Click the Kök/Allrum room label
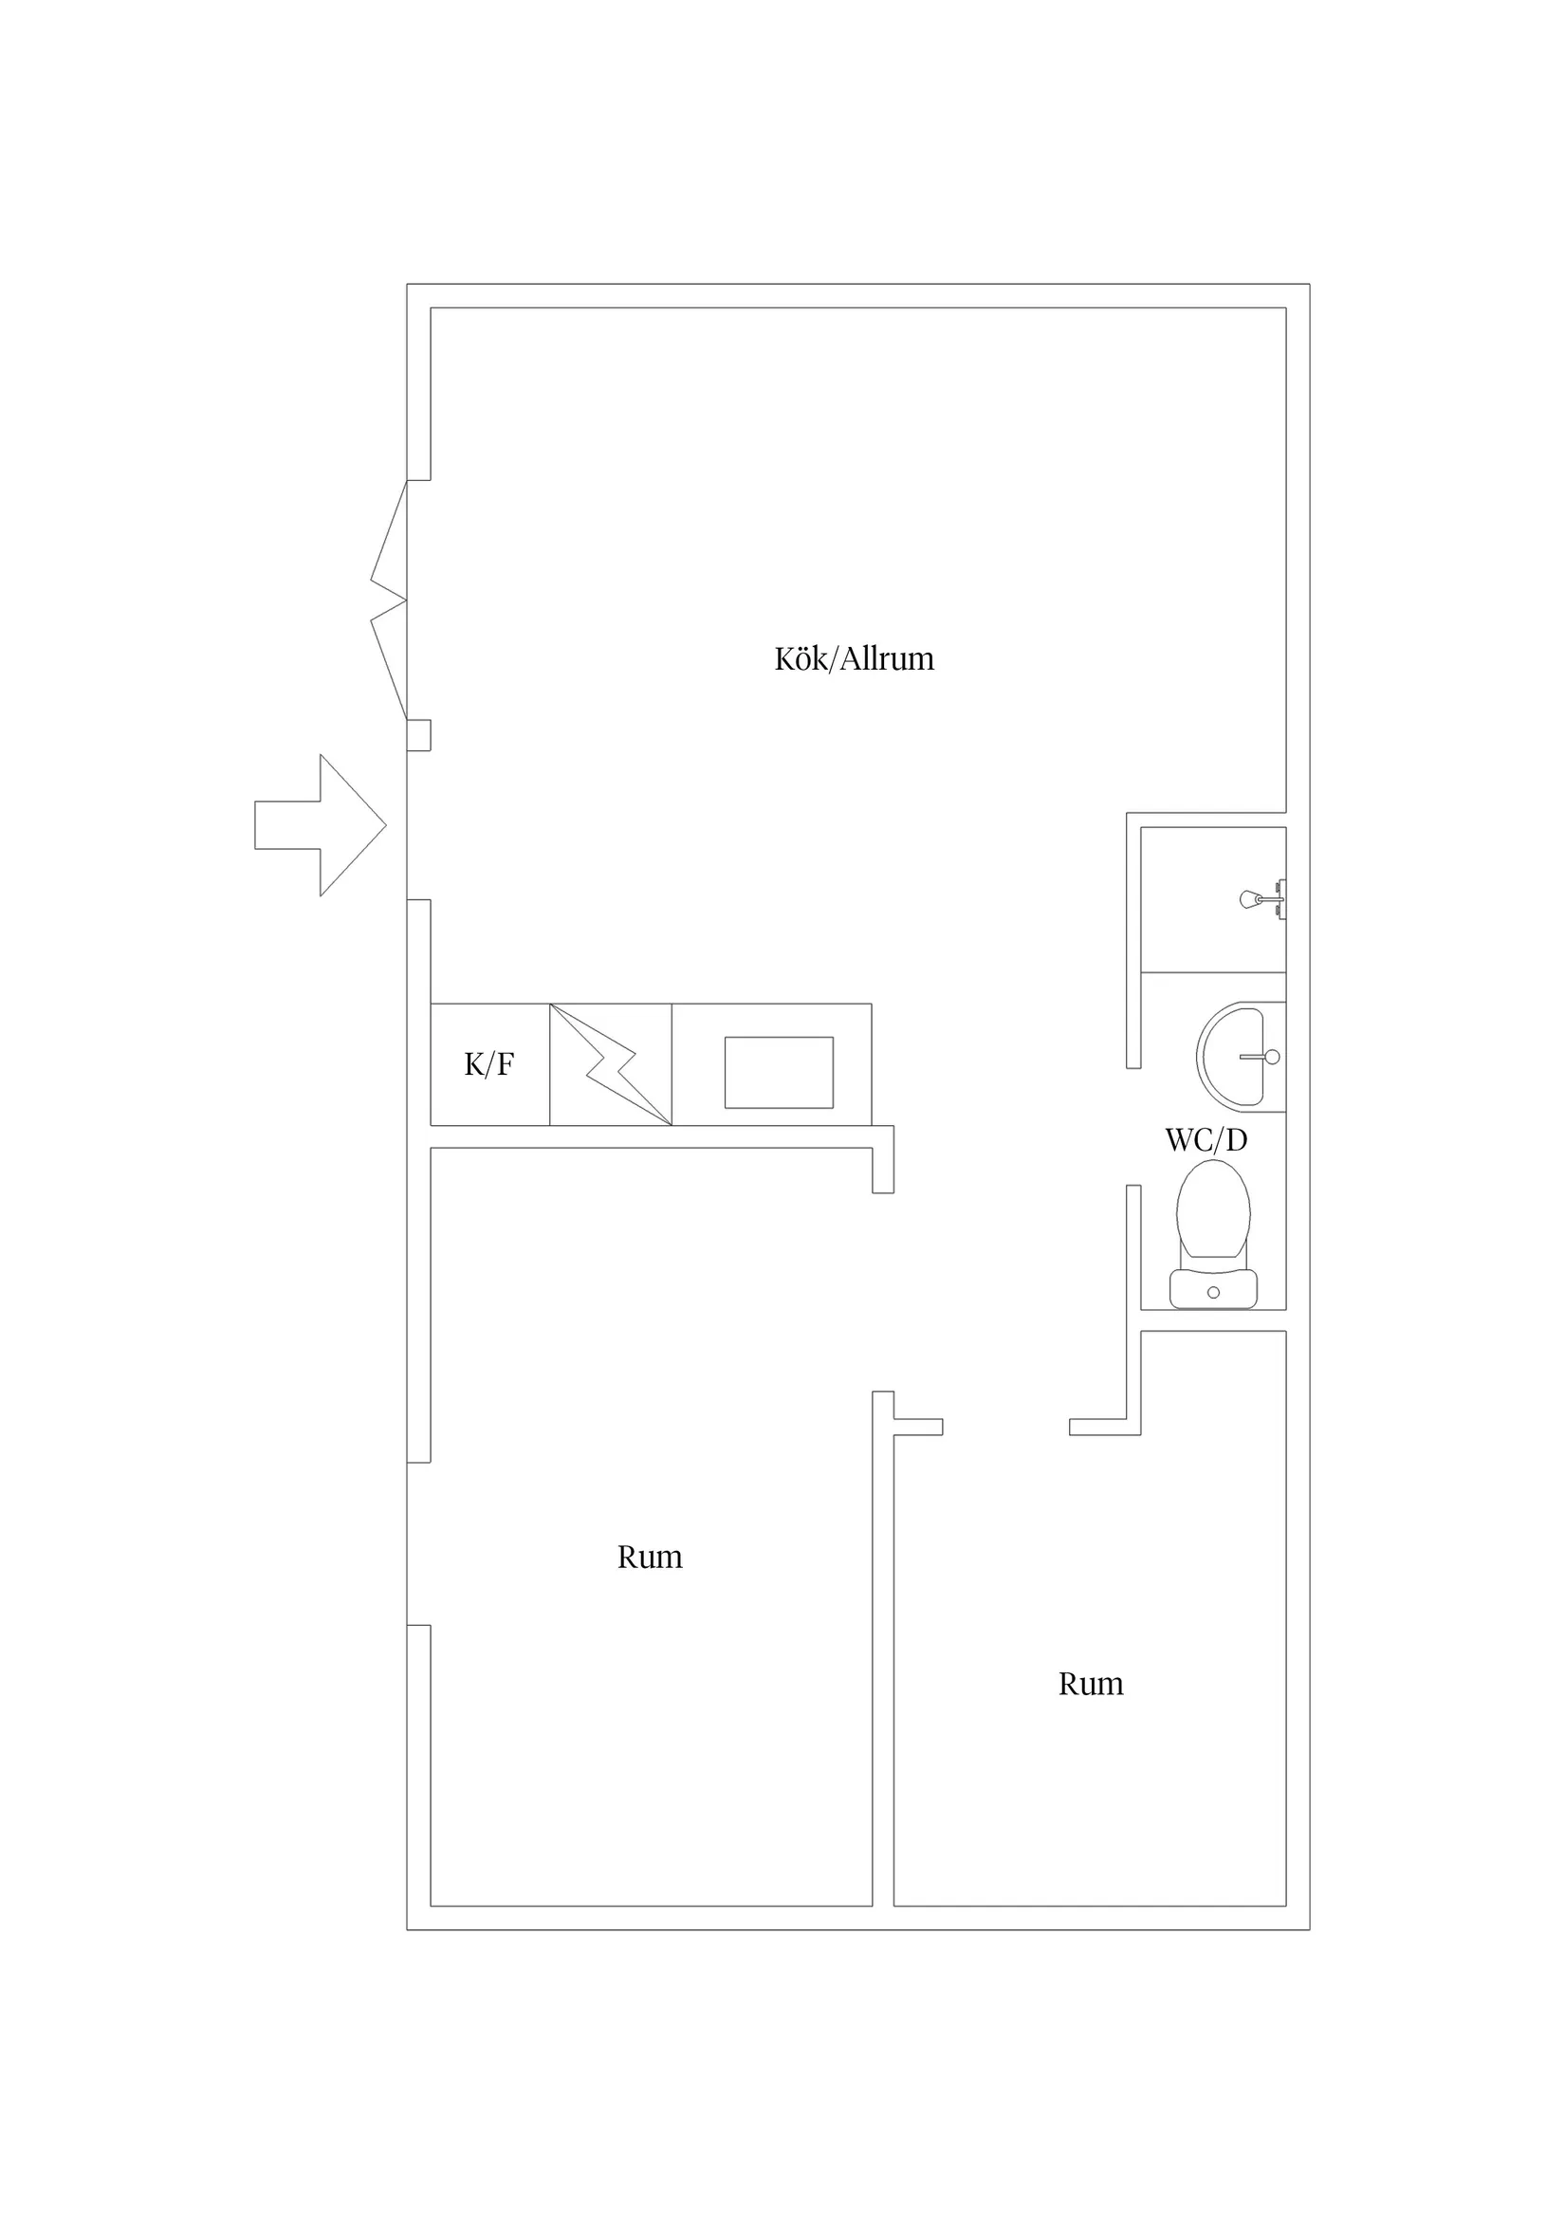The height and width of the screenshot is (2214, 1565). tap(855, 658)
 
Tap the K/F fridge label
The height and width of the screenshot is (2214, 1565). tap(488, 1064)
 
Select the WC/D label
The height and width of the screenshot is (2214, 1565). tap(1206, 1141)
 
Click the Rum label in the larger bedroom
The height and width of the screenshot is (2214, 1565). tap(650, 1558)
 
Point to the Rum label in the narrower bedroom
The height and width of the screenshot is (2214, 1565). tap(1091, 1684)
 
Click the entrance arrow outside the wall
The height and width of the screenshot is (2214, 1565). tap(321, 825)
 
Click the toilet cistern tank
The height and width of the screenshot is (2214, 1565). tap(1213, 1289)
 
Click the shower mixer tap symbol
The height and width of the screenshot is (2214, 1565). tap(1263, 899)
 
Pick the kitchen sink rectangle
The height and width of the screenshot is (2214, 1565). tap(779, 1072)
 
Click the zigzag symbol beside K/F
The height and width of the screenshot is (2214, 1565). tap(611, 1064)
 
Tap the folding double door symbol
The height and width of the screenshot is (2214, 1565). tap(389, 600)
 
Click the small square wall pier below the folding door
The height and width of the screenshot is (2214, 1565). tap(418, 735)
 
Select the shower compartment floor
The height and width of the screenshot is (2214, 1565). tap(1213, 899)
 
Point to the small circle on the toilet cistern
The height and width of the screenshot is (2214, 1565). tap(1213, 1292)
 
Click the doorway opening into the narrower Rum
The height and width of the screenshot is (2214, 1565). tap(1005, 1427)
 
